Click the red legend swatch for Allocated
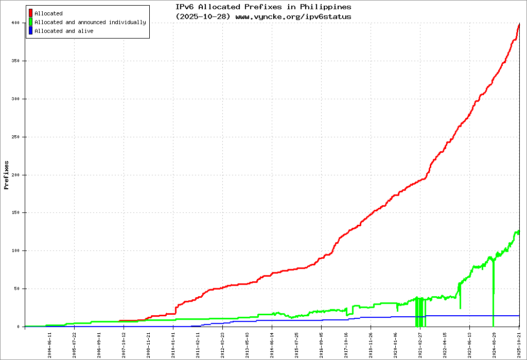(x=31, y=13)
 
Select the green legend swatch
(x=31, y=22)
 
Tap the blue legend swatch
(x=31, y=31)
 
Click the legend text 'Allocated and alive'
(x=64, y=31)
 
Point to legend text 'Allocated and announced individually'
(x=90, y=23)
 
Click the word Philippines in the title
(x=326, y=7)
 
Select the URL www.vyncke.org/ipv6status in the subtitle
(x=293, y=16)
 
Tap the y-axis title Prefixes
(x=7, y=175)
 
